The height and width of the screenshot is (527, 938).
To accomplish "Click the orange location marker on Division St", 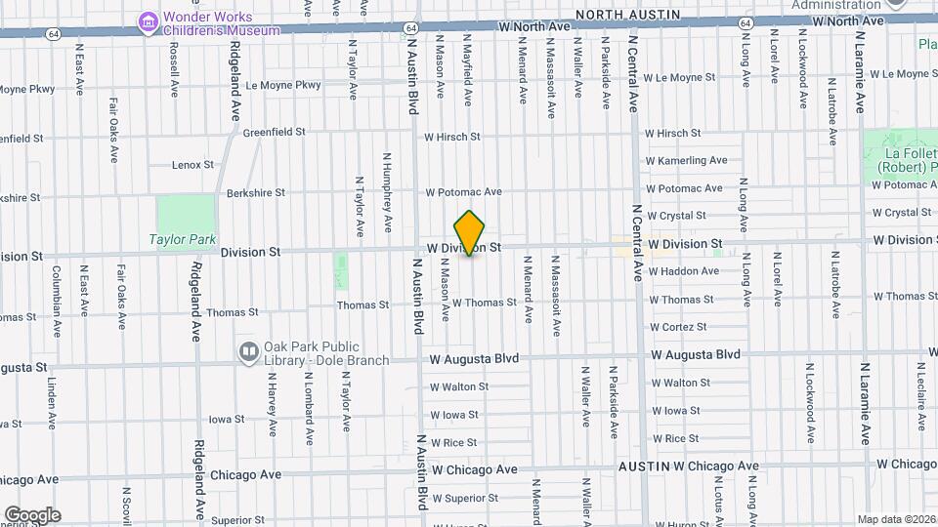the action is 470,233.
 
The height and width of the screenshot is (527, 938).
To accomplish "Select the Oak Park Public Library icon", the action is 249,350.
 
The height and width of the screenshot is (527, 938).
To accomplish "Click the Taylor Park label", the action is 182,239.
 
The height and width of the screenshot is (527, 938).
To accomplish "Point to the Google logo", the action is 32,515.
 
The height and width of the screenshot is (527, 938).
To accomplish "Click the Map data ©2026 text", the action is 895,519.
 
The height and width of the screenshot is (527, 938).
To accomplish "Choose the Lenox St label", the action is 192,165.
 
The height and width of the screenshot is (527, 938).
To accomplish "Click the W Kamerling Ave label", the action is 686,160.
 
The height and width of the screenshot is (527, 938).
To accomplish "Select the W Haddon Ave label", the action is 683,271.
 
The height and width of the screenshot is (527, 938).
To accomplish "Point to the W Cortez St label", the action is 677,327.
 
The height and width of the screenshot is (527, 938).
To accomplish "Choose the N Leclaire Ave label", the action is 921,396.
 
